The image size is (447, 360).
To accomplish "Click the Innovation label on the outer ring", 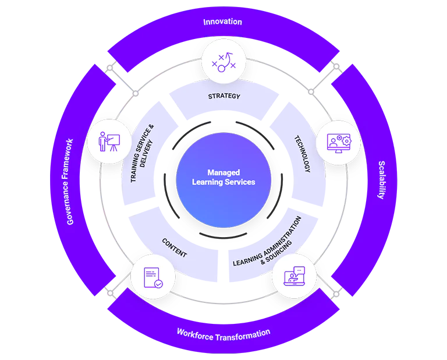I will coord(222,22).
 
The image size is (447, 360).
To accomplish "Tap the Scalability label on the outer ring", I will coord(382,180).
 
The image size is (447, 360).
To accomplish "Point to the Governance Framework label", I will coord(70,182).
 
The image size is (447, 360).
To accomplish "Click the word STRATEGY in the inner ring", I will coord(224,96).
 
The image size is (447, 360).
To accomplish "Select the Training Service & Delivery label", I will coord(143,153).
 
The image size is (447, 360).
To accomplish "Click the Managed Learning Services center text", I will coord(223,177).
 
